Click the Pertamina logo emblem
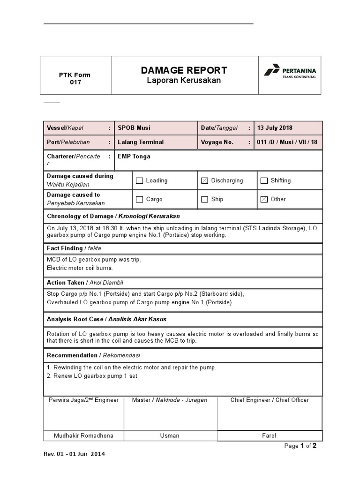[x=272, y=70]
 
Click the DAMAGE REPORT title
[x=184, y=70]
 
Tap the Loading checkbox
[x=139, y=181]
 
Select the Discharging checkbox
[x=204, y=181]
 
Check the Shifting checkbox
[x=264, y=181]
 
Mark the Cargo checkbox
[x=139, y=200]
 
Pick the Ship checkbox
[x=204, y=200]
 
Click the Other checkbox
[x=264, y=200]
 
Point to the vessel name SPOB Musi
[x=134, y=128]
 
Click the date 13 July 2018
[x=275, y=128]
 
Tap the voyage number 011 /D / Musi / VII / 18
[x=287, y=142]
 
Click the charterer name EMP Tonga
[x=134, y=157]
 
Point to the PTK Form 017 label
[x=75, y=78]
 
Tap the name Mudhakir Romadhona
[x=84, y=435]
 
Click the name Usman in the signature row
[x=170, y=435]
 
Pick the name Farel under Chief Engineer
[x=269, y=435]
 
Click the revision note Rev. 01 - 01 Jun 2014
[x=74, y=454]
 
